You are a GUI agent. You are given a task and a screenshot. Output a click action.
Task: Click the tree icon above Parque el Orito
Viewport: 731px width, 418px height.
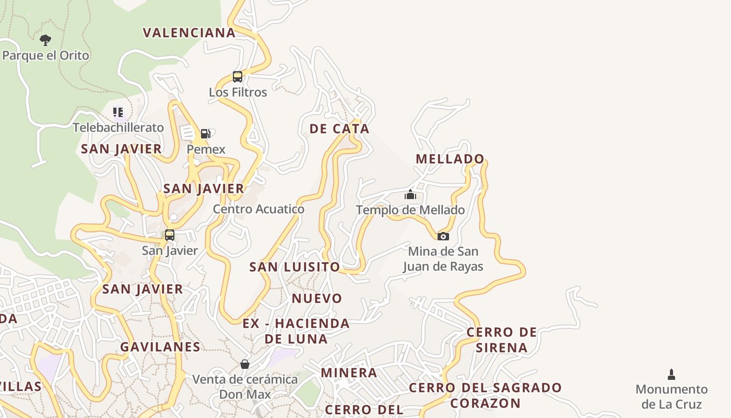pyautogui.click(x=45, y=40)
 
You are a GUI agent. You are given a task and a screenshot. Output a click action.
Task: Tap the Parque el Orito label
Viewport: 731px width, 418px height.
pyautogui.click(x=46, y=55)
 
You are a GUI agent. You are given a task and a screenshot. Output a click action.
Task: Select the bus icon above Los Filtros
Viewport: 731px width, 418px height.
pyautogui.click(x=238, y=77)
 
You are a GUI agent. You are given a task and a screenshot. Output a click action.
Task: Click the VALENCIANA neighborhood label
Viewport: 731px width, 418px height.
pyautogui.click(x=190, y=33)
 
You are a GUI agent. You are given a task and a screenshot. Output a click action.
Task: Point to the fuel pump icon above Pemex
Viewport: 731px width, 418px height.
pyautogui.click(x=206, y=134)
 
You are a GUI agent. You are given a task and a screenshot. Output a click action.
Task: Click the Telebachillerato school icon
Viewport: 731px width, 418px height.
pyautogui.click(x=118, y=112)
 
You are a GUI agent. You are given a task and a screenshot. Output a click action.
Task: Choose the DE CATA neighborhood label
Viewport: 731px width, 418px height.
pyautogui.click(x=339, y=129)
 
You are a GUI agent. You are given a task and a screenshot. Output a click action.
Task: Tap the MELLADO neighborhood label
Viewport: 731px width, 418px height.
pyautogui.click(x=450, y=159)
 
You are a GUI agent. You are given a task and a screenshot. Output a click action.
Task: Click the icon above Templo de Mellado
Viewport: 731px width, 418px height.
pyautogui.click(x=410, y=195)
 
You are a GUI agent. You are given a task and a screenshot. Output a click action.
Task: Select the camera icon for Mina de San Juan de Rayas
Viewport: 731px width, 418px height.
pyautogui.click(x=443, y=236)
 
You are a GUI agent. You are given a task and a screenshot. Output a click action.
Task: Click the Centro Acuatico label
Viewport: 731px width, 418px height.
pyautogui.click(x=258, y=209)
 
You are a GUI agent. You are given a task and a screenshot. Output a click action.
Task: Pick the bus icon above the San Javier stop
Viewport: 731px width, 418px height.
pyautogui.click(x=170, y=235)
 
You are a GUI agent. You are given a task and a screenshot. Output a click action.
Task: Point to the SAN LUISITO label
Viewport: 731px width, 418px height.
pyautogui.click(x=294, y=267)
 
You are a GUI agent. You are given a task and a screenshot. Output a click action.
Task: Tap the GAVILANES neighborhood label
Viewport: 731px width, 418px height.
pyautogui.click(x=160, y=347)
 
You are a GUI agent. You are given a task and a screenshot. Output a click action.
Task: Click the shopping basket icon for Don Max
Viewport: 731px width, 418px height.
pyautogui.click(x=245, y=364)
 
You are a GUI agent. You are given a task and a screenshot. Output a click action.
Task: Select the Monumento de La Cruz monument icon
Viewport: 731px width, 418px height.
pyautogui.click(x=671, y=374)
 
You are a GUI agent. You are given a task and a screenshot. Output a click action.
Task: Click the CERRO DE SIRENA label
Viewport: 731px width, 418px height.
pyautogui.click(x=502, y=340)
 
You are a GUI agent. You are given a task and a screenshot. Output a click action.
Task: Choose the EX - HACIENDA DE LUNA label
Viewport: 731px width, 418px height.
pyautogui.click(x=296, y=331)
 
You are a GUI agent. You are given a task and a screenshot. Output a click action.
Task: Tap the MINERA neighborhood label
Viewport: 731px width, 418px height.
pyautogui.click(x=349, y=373)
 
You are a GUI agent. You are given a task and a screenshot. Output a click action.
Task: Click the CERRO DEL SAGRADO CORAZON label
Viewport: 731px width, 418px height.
pyautogui.click(x=485, y=396)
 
